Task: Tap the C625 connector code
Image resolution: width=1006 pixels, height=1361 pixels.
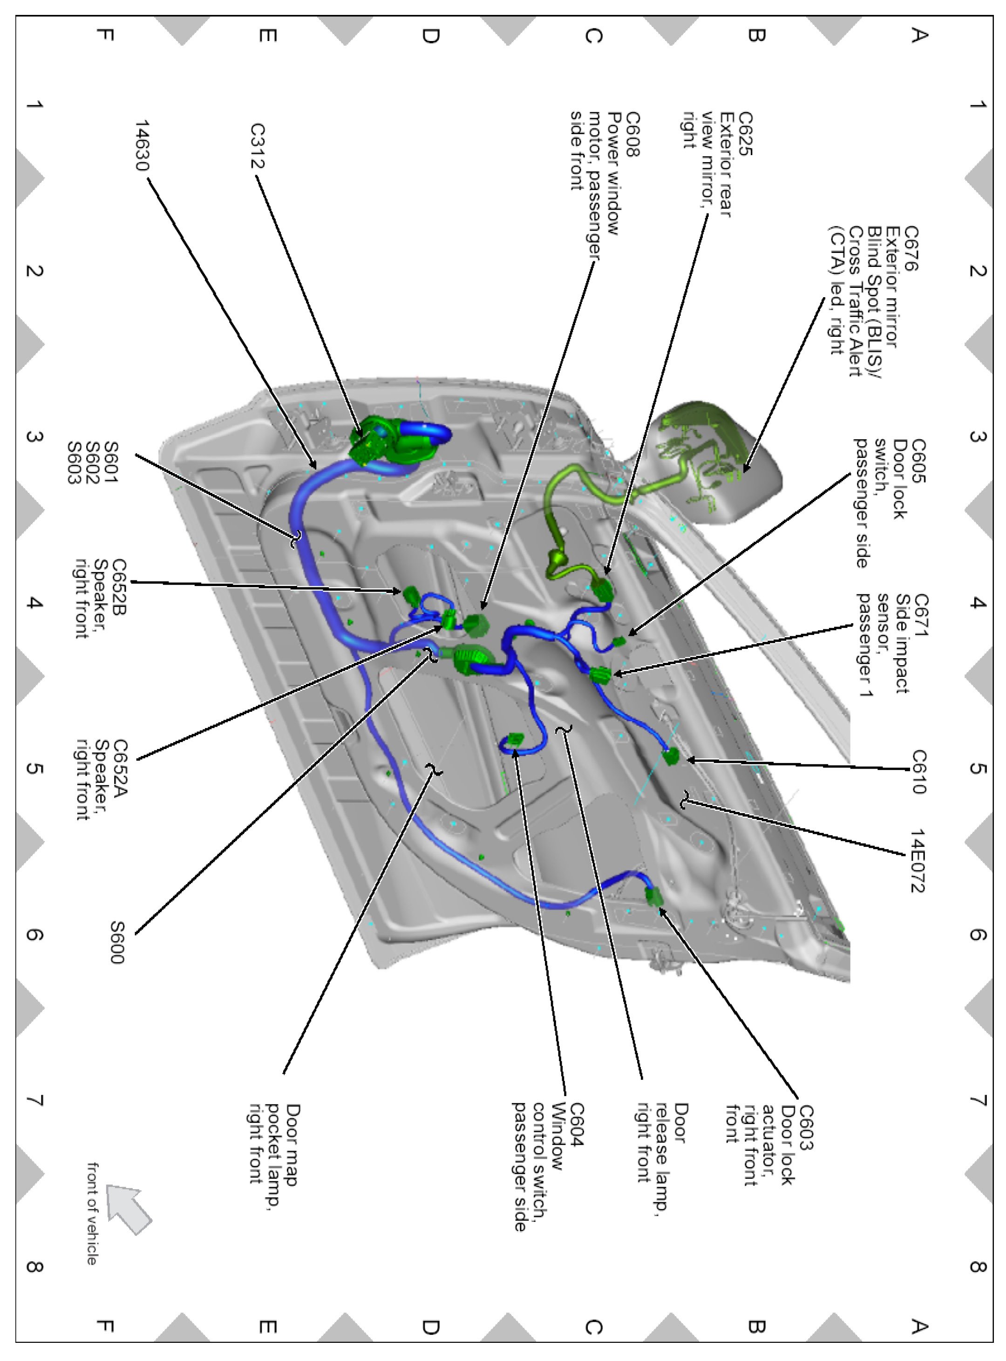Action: click(745, 133)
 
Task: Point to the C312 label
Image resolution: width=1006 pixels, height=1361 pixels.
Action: click(258, 146)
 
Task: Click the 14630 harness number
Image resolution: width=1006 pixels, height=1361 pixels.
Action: click(142, 146)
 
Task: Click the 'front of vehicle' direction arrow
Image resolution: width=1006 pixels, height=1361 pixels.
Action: click(129, 1209)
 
